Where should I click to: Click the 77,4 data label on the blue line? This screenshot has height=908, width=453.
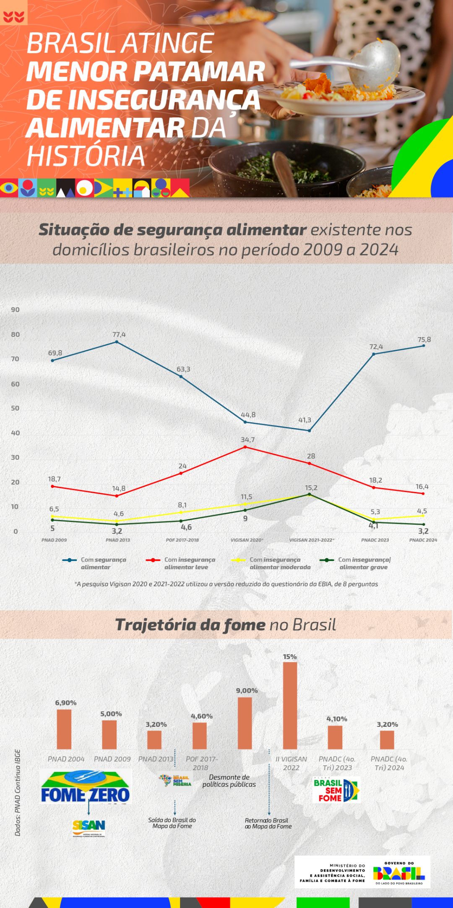click(x=119, y=334)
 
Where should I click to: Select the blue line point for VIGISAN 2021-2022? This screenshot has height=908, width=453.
click(x=310, y=430)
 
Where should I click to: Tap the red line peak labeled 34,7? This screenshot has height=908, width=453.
click(x=245, y=447)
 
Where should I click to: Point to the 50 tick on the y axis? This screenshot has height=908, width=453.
click(x=15, y=408)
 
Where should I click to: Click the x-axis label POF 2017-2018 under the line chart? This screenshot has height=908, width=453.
click(x=182, y=540)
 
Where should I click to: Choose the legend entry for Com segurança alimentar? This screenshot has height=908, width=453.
click(x=95, y=563)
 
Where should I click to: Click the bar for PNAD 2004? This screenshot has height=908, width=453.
click(x=64, y=729)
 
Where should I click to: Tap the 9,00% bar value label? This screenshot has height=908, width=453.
click(x=247, y=690)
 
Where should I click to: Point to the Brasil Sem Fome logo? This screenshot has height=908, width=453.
click(x=336, y=790)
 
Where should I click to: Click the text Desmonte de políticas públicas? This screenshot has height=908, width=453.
click(x=229, y=781)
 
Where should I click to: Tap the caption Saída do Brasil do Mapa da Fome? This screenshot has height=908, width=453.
click(x=172, y=823)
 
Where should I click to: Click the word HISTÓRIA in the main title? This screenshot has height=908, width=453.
click(x=86, y=156)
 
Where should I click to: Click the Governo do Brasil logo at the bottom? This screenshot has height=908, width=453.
click(x=399, y=873)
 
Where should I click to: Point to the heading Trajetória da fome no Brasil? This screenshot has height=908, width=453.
click(x=226, y=625)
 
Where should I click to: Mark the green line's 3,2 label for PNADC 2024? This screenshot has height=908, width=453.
click(x=423, y=531)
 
